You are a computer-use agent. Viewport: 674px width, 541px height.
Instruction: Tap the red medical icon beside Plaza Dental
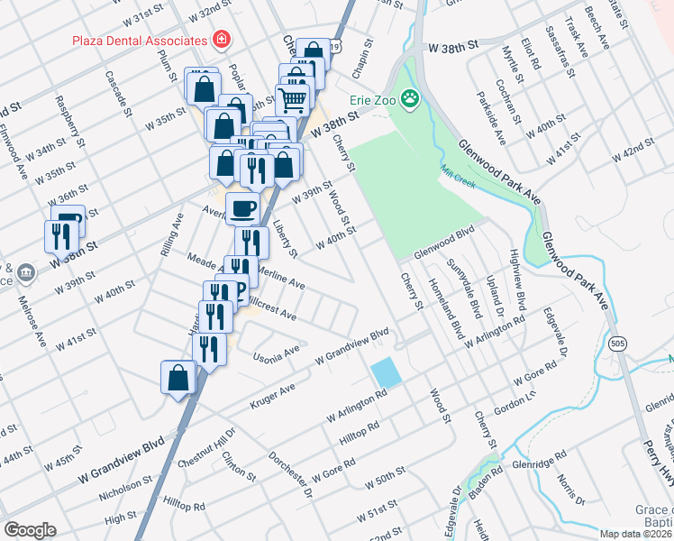click(x=219, y=41)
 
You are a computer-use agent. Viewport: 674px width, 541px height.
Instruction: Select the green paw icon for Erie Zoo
click(x=411, y=97)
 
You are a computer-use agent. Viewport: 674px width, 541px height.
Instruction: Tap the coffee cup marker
click(x=242, y=209)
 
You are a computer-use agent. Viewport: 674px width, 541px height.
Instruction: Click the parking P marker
click(x=240, y=290)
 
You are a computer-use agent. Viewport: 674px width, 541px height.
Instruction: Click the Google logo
click(x=29, y=530)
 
